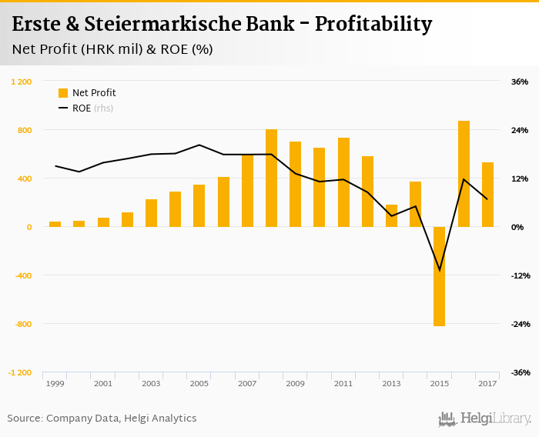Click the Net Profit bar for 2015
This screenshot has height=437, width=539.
pyautogui.click(x=440, y=276)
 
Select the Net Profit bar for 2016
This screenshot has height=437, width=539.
pyautogui.click(x=464, y=174)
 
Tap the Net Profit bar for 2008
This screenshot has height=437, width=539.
pyautogui.click(x=271, y=178)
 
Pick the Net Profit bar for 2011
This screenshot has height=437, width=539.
pyautogui.click(x=343, y=182)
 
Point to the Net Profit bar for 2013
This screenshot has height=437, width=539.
pyautogui.click(x=391, y=216)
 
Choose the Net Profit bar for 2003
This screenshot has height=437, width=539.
pyautogui.click(x=151, y=213)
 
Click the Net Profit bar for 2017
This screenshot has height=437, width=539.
pyautogui.click(x=487, y=195)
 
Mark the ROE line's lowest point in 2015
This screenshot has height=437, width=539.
pyautogui.click(x=440, y=271)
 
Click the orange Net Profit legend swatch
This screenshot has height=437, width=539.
pyautogui.click(x=63, y=93)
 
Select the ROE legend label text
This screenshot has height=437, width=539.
pyautogui.click(x=82, y=108)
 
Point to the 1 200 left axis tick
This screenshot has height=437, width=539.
pyautogui.click(x=21, y=82)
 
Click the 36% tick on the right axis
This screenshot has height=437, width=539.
pyautogui.click(x=520, y=82)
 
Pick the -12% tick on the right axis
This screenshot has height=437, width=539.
pyautogui.click(x=520, y=275)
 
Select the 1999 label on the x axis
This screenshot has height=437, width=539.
pyautogui.click(x=55, y=383)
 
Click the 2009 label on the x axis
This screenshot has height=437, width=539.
pyautogui.click(x=295, y=383)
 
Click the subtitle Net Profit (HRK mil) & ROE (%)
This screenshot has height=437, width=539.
pyautogui.click(x=112, y=50)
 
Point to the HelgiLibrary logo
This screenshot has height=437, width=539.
pyautogui.click(x=484, y=419)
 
